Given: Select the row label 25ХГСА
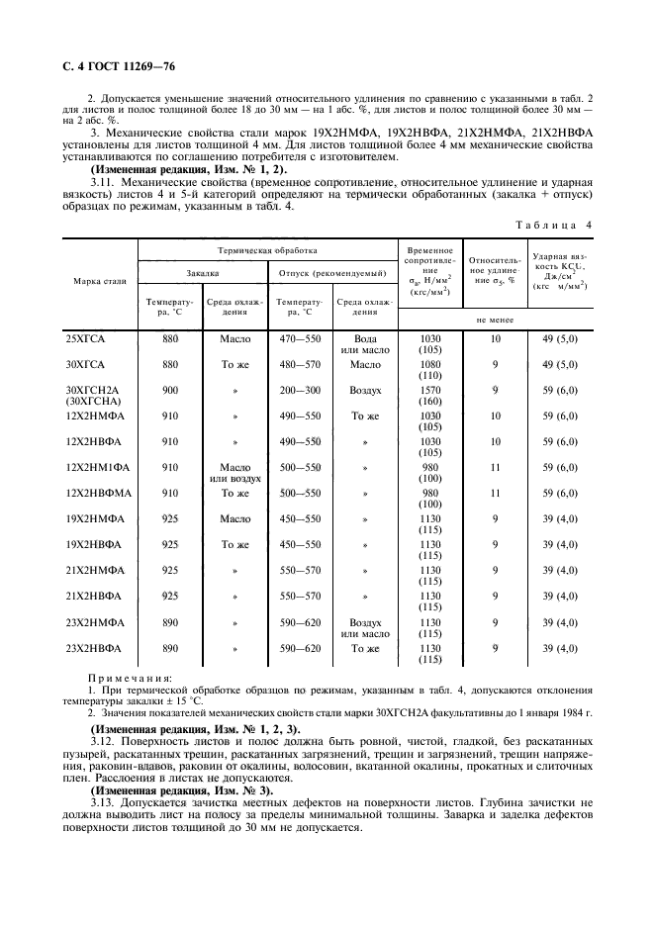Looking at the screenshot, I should pos(84,338).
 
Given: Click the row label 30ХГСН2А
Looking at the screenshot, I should pos(87,390).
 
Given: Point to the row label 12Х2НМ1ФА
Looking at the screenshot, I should pos(92,467).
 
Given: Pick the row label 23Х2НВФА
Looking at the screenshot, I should pos(92,649).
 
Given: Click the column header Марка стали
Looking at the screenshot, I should pos(100,281).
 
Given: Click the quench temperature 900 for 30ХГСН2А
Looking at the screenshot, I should pos(170,390).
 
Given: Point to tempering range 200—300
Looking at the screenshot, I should pos(300,390).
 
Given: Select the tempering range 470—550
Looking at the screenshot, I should pos(300,338).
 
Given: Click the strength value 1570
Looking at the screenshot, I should pos(430,390).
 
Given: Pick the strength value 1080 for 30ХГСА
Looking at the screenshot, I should pos(430,364).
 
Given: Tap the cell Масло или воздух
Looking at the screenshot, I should pos(234,473).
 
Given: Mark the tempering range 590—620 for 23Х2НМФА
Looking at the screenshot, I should pos(300,623).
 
